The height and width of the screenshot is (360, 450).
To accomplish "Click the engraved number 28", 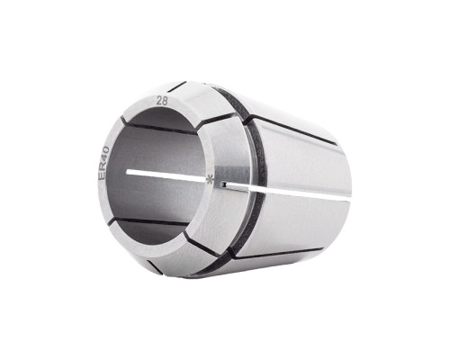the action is coord(162,102).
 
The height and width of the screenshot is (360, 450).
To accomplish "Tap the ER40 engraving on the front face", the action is coord(103,164).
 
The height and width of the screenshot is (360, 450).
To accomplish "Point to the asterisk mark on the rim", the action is coord(211,180).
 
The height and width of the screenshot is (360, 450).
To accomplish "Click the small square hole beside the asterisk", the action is coord(223,184).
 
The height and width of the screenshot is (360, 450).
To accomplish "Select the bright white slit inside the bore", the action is coord(167,175).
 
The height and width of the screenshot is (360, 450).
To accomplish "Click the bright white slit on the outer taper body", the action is coord(288,191).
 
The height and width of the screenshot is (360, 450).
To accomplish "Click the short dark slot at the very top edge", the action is coord(177,86).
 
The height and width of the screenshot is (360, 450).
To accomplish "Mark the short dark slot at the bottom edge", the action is coord(156,267).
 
